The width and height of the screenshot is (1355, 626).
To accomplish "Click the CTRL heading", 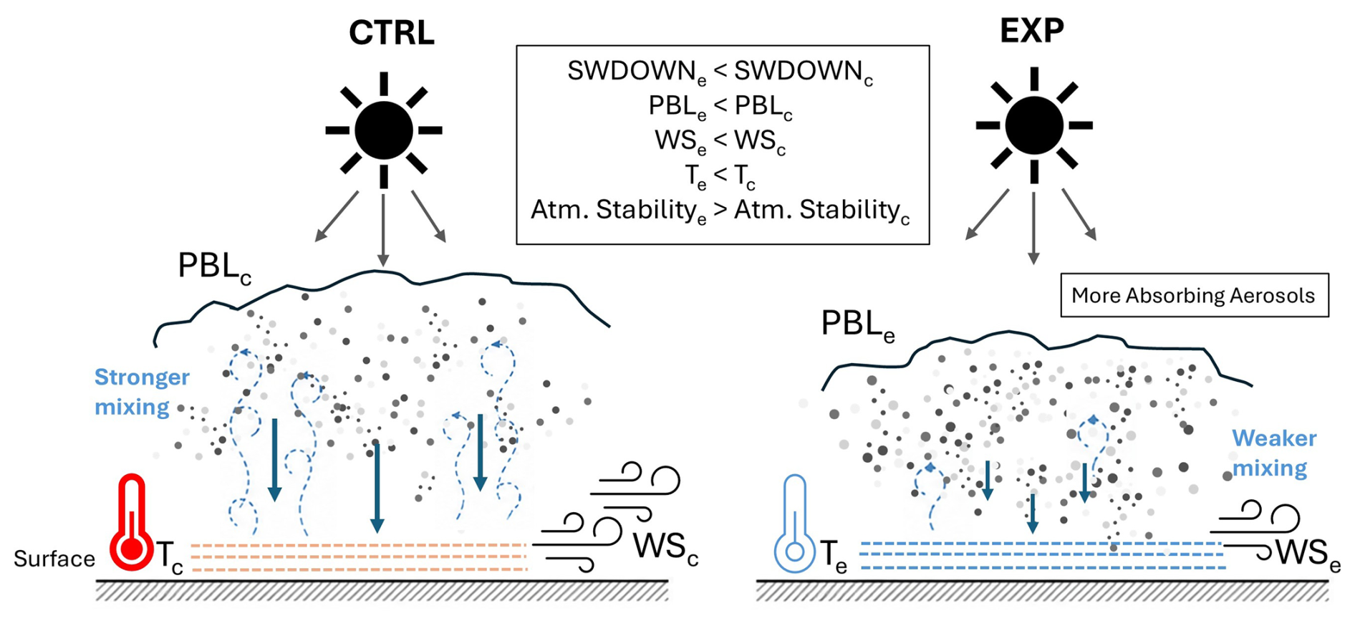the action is pos(391,33).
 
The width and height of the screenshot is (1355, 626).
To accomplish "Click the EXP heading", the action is pos(1031,30).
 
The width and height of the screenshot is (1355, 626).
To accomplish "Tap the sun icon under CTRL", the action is pos(384,130).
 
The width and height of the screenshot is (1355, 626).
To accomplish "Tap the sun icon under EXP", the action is pos(1034,125).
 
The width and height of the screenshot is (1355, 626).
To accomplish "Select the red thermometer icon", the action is pos(131,523).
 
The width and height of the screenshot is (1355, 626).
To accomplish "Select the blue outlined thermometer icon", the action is pos(794,524).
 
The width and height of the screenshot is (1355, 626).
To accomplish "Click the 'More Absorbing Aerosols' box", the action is pos(1194,295).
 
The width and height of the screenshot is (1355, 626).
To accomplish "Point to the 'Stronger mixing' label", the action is pos(142,392).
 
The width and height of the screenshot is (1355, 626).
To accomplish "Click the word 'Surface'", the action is pos(54,559).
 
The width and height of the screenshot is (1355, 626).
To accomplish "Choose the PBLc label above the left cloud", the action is pos(214,267).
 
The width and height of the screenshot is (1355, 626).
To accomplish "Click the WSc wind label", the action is pos(665,548).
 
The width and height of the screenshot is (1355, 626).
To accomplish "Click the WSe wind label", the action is pos(1308,554).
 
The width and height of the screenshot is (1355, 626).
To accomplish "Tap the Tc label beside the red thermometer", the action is pos(170,557).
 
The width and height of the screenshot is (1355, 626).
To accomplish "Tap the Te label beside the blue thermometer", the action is pos(834,557).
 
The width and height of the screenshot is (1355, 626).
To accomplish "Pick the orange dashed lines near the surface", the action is pos(359,557).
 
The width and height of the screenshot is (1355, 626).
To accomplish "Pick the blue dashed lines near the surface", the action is pos(1042,556).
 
